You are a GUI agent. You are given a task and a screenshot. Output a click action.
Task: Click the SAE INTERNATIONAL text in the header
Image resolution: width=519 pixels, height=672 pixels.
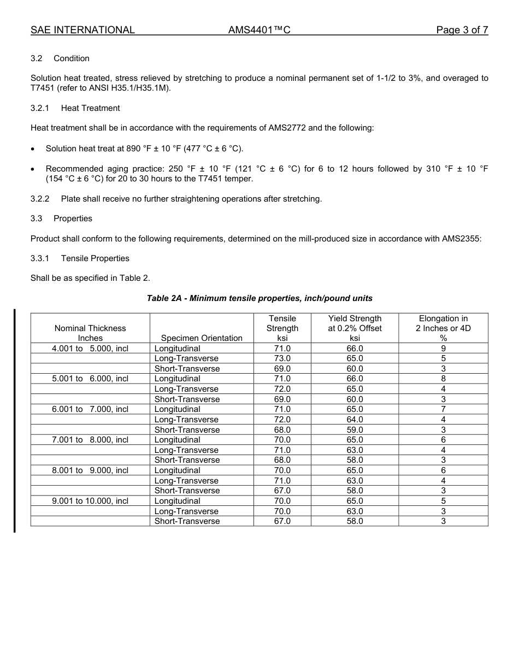82,30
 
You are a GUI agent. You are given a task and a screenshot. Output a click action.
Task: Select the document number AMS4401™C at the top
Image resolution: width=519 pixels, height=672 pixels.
259,30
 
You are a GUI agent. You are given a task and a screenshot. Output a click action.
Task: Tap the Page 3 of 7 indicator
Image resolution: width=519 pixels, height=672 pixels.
462,30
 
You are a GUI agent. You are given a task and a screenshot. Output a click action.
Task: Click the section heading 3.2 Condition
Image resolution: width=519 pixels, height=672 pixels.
60,58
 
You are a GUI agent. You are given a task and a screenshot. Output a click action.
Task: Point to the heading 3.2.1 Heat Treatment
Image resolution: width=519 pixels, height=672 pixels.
75,108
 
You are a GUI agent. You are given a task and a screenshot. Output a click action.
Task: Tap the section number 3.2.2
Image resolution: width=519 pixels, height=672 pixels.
40,199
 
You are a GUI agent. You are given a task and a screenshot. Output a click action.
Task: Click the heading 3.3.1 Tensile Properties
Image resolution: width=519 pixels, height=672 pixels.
80,258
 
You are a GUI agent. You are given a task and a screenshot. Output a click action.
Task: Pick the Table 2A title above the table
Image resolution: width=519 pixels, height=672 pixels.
259,298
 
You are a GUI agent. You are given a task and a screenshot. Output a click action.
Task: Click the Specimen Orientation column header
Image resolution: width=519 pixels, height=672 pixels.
202,338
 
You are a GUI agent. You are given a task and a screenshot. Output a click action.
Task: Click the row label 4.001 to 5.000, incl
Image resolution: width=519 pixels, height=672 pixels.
90,349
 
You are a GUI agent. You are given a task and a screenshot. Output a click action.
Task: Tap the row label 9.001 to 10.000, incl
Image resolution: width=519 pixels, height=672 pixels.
90,501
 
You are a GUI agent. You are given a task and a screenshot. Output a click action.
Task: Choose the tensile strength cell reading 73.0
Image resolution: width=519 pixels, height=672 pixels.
282,358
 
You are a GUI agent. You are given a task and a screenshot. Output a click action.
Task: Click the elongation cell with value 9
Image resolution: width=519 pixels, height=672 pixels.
443,349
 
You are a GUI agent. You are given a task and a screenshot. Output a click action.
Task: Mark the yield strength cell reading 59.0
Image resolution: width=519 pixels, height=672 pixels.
355,430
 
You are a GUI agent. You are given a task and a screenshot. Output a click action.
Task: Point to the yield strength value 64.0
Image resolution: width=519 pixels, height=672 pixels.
355,420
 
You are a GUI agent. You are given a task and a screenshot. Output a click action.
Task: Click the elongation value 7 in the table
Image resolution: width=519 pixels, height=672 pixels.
443,409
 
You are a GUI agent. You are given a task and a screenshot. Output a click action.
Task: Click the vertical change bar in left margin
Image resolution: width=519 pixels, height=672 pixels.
15,420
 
